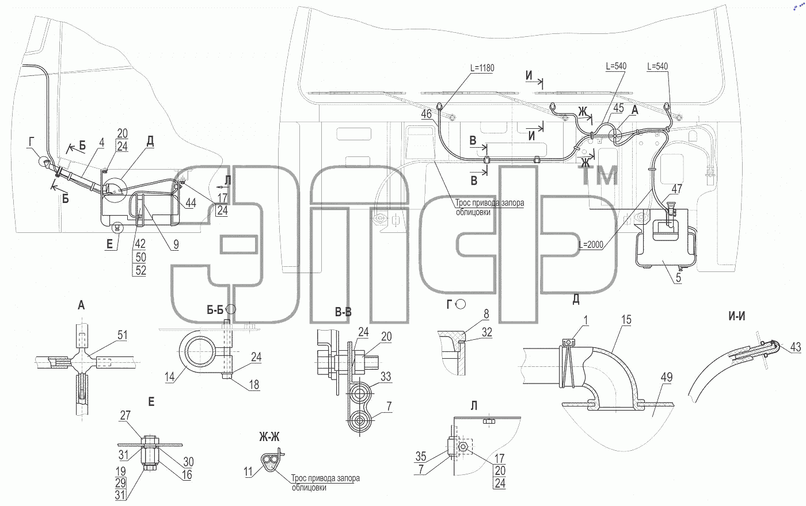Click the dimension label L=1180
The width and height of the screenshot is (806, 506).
click(482, 68)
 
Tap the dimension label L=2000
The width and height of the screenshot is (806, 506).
click(591, 245)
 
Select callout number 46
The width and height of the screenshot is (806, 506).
click(427, 114)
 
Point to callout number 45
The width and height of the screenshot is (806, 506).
click(618, 108)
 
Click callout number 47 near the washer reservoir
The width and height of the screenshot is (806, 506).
click(677, 189)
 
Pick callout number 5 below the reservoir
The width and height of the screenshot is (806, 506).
click(678, 277)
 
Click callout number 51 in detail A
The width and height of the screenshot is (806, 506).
click(122, 335)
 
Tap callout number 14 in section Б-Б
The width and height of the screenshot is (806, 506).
click(169, 377)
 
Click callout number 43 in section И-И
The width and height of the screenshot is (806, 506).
click(796, 347)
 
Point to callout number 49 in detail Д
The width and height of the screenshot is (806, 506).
click(667, 377)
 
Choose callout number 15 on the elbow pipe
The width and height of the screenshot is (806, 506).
click(626, 320)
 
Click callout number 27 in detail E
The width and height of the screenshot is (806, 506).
click(126, 415)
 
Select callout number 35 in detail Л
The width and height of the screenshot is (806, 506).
click(421, 457)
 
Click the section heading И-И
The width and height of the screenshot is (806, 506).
click(736, 316)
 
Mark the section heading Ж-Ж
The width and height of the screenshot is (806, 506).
click(269, 437)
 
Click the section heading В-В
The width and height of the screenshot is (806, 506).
click(343, 312)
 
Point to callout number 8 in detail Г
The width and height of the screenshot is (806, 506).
click(486, 314)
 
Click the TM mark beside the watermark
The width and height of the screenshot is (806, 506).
click(600, 176)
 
